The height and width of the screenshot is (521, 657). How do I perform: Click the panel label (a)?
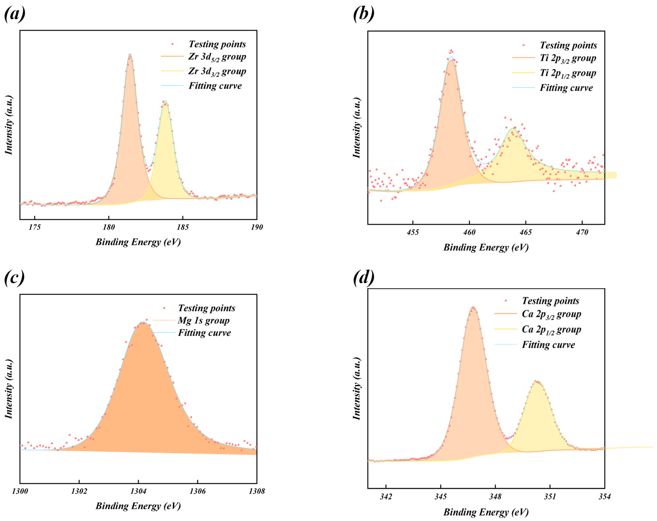point(15,14)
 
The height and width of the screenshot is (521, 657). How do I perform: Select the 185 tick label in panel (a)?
point(183,227)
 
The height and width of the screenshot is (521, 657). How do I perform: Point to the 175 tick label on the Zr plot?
point(35,227)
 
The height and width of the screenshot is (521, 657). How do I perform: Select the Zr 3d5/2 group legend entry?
point(217,57)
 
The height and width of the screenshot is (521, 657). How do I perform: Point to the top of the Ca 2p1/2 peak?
point(537,381)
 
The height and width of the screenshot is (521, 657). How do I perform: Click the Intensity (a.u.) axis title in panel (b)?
point(357,128)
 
